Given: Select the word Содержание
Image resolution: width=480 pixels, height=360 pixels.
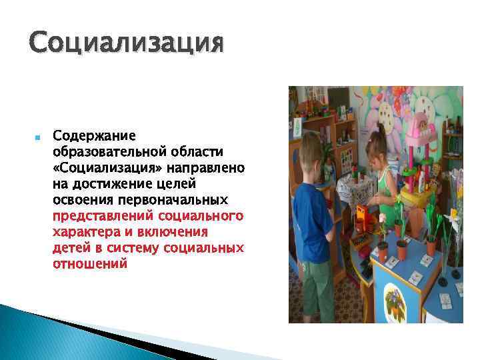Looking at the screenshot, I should click(x=94, y=136).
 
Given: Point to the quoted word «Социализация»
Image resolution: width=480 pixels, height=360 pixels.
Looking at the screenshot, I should click(x=98, y=168).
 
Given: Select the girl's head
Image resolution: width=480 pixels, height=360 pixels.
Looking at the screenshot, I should click(x=377, y=143).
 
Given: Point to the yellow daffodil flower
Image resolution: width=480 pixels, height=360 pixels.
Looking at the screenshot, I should click(x=455, y=217).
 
